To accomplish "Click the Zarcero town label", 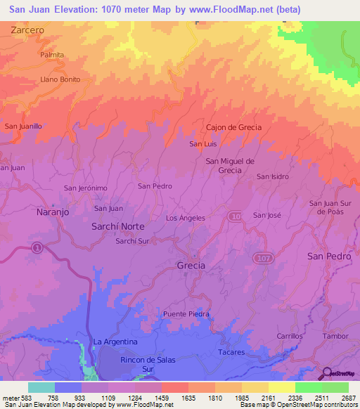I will (x=27, y=31).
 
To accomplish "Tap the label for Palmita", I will (x=52, y=55).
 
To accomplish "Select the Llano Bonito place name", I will (x=60, y=79).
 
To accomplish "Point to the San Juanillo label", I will (x=23, y=126).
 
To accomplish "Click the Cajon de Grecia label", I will (x=233, y=127).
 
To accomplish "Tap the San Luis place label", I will (x=202, y=144).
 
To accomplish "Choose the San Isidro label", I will (x=272, y=176).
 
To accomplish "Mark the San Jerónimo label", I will (x=85, y=188).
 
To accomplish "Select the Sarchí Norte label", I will (x=118, y=226).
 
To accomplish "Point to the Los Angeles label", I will (x=185, y=218).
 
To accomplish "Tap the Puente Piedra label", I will (x=186, y=313).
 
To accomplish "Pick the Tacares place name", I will (x=231, y=351).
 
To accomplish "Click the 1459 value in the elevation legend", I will (x=147, y=397).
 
